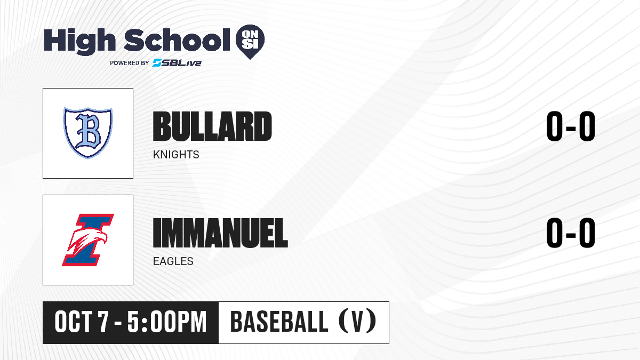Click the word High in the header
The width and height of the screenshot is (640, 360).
79,41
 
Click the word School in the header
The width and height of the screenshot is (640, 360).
177,40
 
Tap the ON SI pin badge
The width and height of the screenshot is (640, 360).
250,42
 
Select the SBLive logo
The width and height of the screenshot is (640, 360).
177,62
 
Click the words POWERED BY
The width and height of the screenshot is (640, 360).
130,63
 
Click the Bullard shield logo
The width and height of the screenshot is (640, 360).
88,133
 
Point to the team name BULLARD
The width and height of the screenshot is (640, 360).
212,126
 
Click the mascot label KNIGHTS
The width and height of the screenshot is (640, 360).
176,155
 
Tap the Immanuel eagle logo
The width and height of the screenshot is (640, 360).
88,239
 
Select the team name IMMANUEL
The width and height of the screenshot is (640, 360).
220,233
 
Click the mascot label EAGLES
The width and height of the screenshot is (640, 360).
173,261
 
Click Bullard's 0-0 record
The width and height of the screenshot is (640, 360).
571,126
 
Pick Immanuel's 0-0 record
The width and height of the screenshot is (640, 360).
571,233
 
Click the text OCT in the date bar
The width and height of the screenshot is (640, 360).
74,322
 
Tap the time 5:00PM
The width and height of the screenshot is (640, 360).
167,322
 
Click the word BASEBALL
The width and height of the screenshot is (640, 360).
279,322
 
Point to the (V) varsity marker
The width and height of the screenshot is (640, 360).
357,321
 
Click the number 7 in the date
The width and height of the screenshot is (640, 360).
103,322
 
